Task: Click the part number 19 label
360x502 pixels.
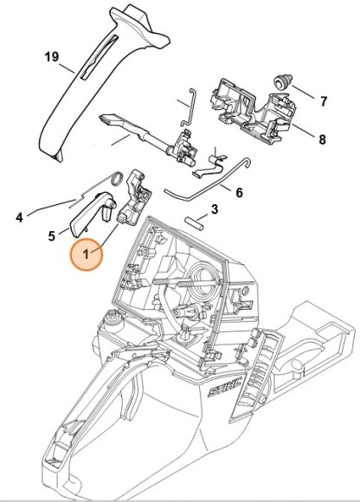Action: point(52,57)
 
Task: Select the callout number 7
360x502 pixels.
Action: point(324,102)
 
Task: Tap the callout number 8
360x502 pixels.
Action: point(322,139)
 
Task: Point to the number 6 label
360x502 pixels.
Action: point(240,193)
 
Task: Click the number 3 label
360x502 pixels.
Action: point(215,209)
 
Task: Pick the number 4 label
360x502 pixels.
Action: point(20,218)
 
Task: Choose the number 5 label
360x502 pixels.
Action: point(52,236)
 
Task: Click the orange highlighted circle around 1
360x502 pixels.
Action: point(87,254)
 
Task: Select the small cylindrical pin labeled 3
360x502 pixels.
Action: point(194,222)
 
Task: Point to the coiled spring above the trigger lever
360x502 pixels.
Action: point(117,178)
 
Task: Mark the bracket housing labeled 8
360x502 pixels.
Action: point(253,111)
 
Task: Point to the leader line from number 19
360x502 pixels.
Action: point(67,68)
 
